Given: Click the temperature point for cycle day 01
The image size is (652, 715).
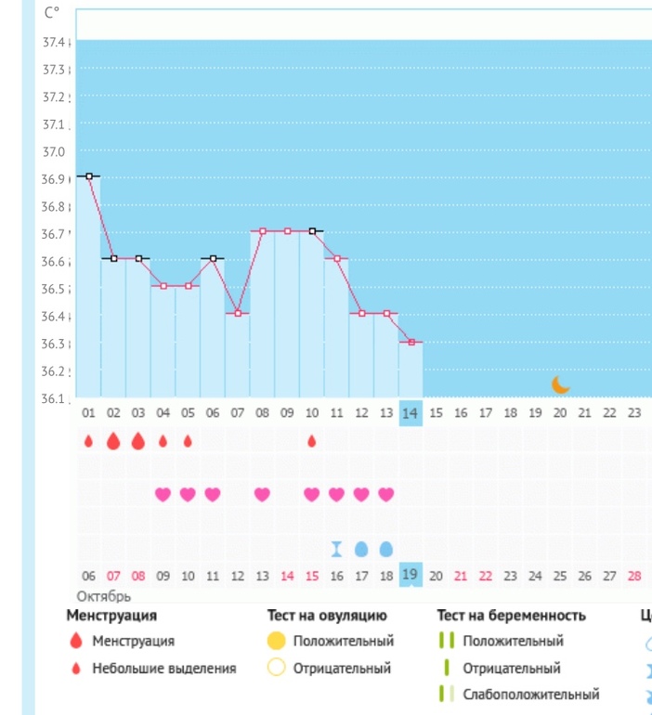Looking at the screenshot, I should click(89, 175).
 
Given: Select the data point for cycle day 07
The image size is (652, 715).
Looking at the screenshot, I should click(238, 313).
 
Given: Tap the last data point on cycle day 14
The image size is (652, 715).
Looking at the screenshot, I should click(411, 342).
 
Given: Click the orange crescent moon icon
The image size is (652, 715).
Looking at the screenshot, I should click(560, 384).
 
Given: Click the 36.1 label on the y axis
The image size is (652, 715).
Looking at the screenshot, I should click(54, 399).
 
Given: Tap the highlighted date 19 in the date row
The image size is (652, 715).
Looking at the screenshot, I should click(411, 576).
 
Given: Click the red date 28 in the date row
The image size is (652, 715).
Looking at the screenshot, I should click(634, 577).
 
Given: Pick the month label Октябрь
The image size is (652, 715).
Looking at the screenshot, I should click(103, 596).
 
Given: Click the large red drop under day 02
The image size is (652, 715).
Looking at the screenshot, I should click(113, 441).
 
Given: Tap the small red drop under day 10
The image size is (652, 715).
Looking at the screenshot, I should click(311, 441).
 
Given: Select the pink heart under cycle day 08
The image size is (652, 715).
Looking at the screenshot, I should click(262, 494).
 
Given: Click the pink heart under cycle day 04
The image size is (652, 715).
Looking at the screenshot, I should click(163, 494).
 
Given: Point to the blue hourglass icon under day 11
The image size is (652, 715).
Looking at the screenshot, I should click(337, 549).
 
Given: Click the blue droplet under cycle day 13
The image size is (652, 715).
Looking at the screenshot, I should click(386, 549).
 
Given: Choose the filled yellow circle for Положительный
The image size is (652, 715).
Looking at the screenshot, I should click(276, 641).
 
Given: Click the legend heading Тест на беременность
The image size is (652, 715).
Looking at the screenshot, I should click(511, 615).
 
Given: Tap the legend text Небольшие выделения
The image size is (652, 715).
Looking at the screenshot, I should click(163, 668).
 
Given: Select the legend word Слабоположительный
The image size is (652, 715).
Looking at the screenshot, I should click(530, 694).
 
